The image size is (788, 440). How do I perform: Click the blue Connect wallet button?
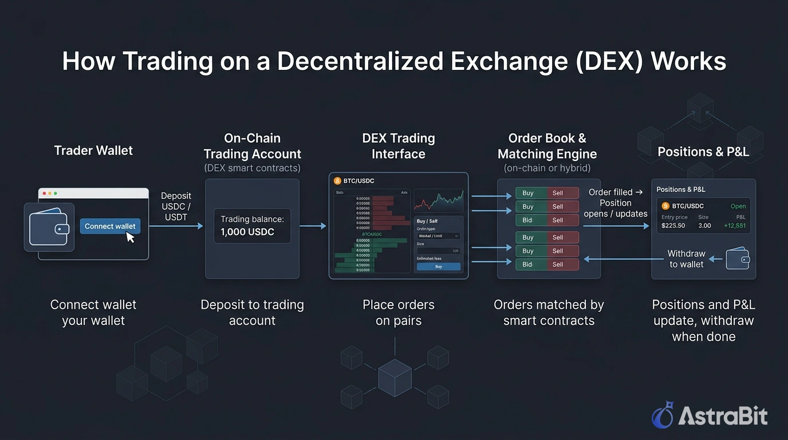(x=109, y=226)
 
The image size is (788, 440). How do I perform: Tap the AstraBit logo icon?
(x=663, y=415)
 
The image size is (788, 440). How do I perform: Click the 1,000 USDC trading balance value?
(x=247, y=232)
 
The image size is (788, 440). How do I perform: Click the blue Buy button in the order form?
(x=438, y=266)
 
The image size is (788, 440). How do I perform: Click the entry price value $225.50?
(x=674, y=226)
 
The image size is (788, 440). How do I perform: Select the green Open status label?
(x=738, y=206)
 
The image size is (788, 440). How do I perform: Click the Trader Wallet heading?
(x=93, y=151)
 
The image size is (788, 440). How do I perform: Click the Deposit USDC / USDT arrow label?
(x=176, y=206)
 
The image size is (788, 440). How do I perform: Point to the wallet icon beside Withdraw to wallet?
(x=738, y=259)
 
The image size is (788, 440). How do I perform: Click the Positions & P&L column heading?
(x=703, y=152)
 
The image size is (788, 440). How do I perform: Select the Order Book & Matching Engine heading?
(x=547, y=146)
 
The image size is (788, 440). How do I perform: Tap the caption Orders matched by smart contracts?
(x=549, y=313)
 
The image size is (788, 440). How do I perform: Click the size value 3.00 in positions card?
(x=704, y=226)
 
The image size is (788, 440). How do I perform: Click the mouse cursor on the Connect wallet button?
(x=131, y=237)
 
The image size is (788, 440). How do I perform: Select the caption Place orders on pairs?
(x=399, y=313)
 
